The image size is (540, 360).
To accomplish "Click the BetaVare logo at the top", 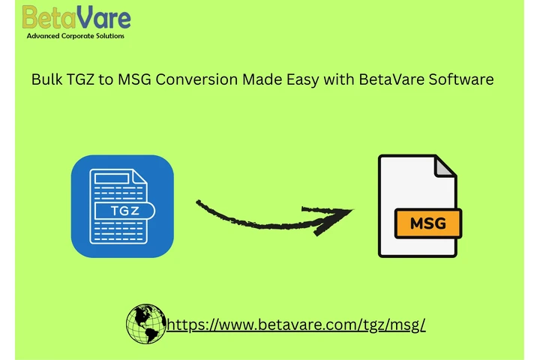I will [x=76, y=17].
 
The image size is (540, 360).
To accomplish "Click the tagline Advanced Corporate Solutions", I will [x=76, y=35].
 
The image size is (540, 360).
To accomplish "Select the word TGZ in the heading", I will [x=85, y=79].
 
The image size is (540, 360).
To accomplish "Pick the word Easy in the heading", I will [x=300, y=79].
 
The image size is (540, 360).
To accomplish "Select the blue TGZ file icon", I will [x=122, y=206].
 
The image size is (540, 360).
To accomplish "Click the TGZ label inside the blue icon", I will [x=122, y=209].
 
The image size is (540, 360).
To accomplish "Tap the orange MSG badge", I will [x=428, y=223].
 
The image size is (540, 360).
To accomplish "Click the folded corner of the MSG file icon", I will [x=445, y=166].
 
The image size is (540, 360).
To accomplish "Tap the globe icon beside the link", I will [x=146, y=325].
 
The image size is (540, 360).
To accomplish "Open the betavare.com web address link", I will [x=296, y=325].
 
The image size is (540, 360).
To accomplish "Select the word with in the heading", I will [x=337, y=79].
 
